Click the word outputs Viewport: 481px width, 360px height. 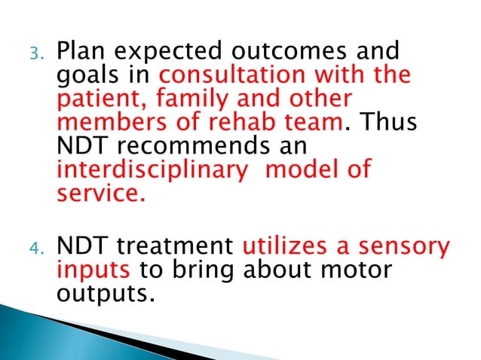[99, 292]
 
